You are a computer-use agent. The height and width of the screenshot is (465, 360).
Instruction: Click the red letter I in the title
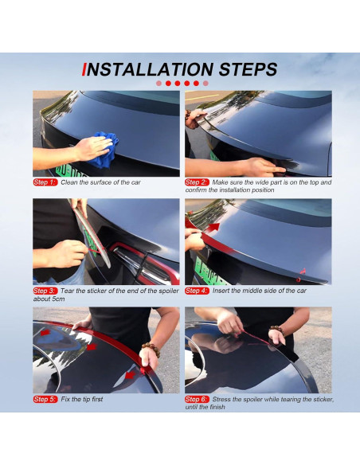(x=84, y=70)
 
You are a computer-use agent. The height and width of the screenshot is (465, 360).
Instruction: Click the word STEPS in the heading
(x=248, y=70)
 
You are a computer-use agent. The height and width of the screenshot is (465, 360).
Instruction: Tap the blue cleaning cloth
(x=104, y=150)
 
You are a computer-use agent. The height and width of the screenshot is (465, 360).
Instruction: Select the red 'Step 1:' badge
(x=45, y=182)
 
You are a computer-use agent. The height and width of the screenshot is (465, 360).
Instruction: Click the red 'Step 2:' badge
(x=197, y=182)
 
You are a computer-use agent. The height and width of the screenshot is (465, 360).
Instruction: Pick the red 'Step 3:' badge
(x=45, y=291)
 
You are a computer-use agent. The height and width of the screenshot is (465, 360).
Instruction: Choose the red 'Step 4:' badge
(x=197, y=291)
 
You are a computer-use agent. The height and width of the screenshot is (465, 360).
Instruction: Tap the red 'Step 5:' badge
(x=45, y=399)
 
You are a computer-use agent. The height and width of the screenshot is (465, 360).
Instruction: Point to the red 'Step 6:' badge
(x=197, y=399)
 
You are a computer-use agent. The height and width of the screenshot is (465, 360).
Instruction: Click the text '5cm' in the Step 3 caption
(x=58, y=299)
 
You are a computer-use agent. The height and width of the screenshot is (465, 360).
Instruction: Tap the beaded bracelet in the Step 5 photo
(x=151, y=349)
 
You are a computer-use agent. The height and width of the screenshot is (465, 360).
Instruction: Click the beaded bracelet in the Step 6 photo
(x=277, y=329)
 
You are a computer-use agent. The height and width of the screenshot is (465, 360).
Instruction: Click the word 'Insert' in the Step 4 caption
(x=221, y=291)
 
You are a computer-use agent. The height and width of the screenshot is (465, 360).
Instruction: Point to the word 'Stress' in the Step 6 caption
(x=222, y=399)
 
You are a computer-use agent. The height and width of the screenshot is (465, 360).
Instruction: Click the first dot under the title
(x=158, y=84)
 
